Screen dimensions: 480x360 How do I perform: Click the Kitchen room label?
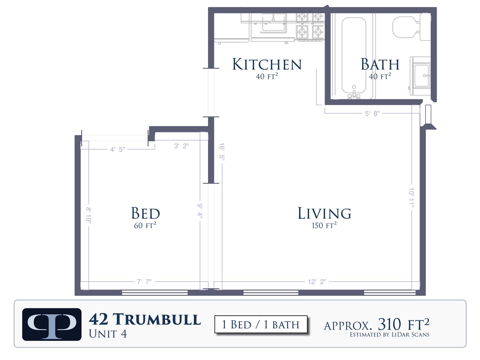(x=267, y=64)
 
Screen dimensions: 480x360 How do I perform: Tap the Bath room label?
(x=380, y=64)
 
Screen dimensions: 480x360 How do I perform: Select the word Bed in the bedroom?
(x=145, y=213)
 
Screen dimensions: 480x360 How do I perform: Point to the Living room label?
(x=324, y=213)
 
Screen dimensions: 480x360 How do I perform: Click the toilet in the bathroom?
(x=411, y=27)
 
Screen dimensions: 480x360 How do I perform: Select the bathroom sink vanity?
(x=420, y=76)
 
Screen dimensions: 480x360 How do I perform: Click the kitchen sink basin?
(x=273, y=23)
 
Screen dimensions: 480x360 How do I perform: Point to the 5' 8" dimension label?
(x=372, y=113)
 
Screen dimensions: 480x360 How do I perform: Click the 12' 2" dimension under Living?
(x=317, y=282)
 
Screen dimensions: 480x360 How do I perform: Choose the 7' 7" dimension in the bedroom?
(x=144, y=282)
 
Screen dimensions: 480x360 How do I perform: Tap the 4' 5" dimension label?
(x=117, y=150)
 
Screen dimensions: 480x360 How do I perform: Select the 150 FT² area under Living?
(x=324, y=225)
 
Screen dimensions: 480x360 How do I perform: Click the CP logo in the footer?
(x=52, y=324)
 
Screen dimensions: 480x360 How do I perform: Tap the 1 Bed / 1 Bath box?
(x=261, y=324)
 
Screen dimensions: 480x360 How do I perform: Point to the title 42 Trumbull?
(x=145, y=319)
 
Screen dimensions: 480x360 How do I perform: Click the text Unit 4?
(x=108, y=334)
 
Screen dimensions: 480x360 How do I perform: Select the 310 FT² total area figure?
(x=403, y=324)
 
